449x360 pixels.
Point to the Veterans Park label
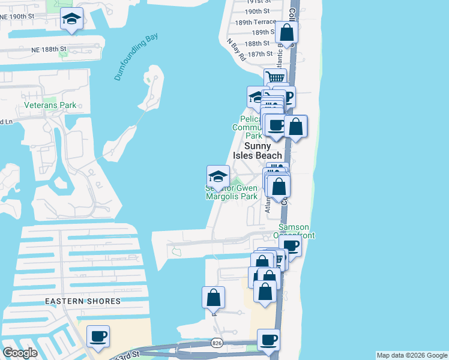click(x=50, y=105)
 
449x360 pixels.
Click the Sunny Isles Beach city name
click(x=262, y=151)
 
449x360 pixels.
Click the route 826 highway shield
click(x=217, y=343)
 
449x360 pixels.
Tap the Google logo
click(x=19, y=352)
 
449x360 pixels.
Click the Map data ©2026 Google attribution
click(x=411, y=355)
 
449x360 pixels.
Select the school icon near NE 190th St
click(x=71, y=20)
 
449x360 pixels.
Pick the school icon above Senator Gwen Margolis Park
click(x=218, y=176)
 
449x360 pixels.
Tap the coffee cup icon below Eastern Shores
click(x=98, y=336)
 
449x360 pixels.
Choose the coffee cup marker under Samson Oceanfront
click(x=291, y=245)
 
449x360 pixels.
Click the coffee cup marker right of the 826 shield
click(x=268, y=340)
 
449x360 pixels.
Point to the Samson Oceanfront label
click(x=294, y=231)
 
